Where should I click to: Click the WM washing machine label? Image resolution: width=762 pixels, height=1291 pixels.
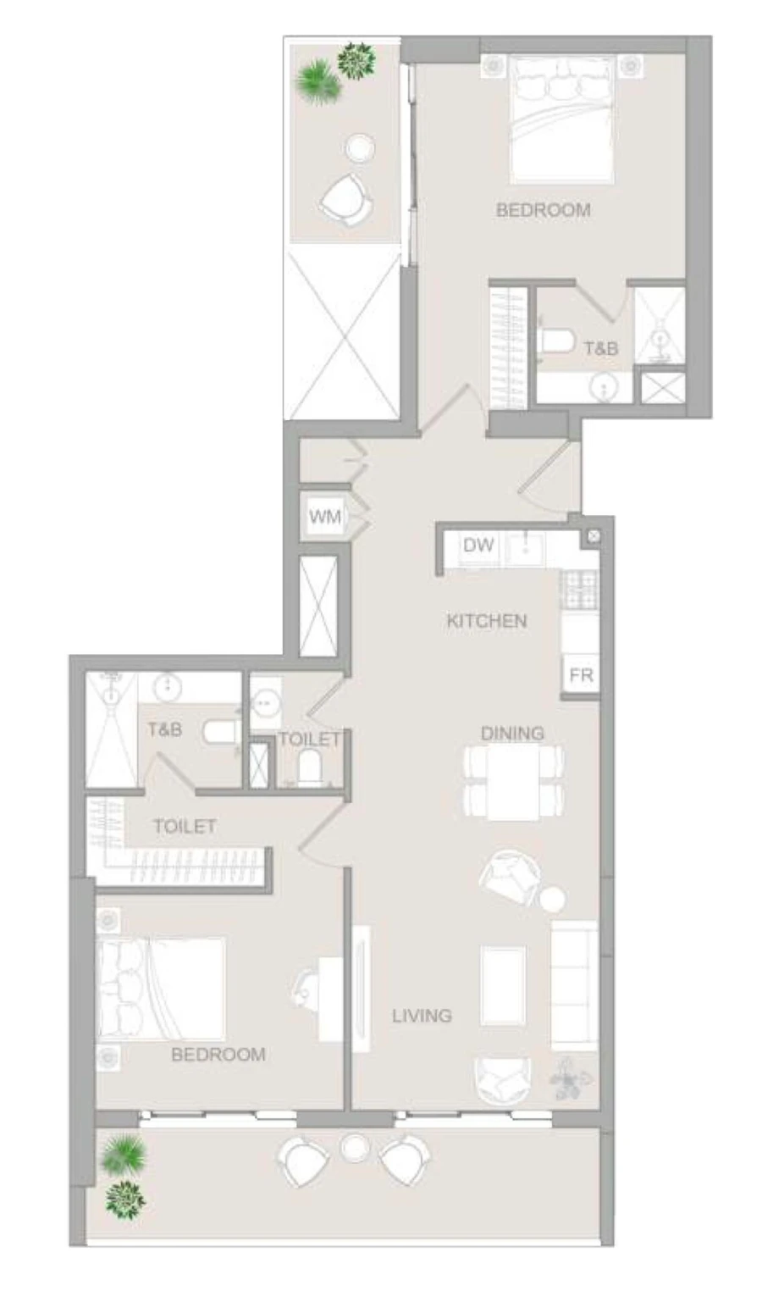324,517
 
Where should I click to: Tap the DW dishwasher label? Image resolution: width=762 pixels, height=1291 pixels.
478,546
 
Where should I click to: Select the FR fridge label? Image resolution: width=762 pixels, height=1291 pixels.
581,675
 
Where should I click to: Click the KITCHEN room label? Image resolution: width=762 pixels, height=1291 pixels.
487,621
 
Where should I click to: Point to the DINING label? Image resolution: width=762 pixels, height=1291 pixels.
512,734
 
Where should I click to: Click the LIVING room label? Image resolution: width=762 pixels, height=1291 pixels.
422,1015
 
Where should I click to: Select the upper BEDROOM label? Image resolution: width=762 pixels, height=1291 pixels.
544,210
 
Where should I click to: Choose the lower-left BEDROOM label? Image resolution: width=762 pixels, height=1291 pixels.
218,1055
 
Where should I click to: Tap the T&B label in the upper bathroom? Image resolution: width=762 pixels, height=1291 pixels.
601,347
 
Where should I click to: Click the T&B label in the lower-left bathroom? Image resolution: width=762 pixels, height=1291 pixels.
165,729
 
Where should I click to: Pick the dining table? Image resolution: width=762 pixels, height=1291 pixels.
513,783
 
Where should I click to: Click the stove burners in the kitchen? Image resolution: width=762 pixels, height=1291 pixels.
580,589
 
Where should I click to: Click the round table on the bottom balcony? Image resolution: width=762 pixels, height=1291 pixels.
354,1148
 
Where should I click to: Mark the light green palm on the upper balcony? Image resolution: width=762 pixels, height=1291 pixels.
315,81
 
